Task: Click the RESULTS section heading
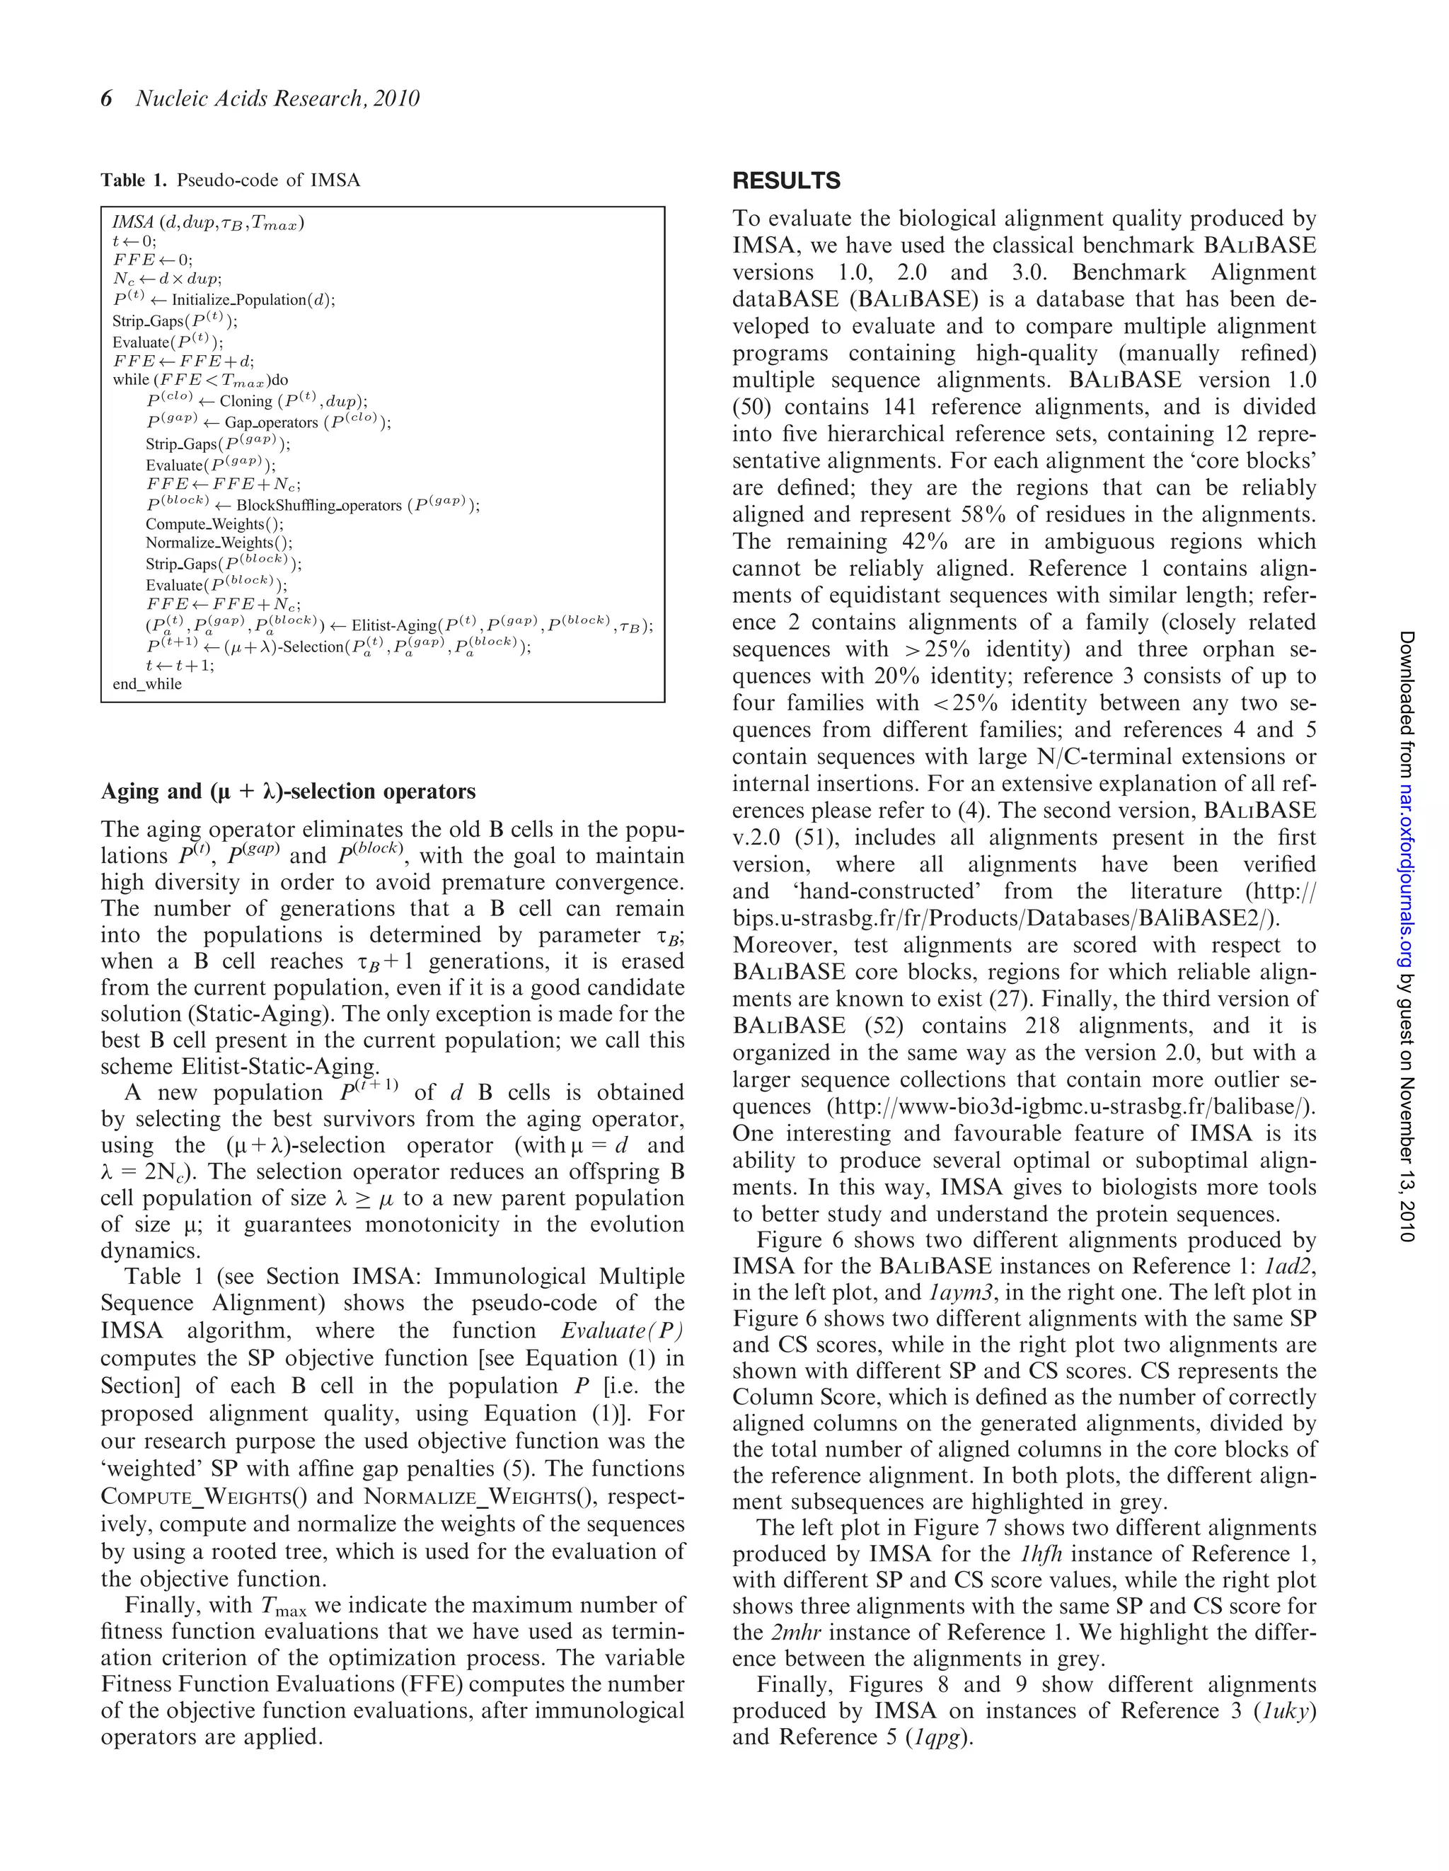(x=786, y=181)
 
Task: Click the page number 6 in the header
(x=106, y=99)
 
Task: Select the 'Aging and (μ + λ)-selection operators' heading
(x=288, y=792)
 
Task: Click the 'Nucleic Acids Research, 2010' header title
(x=277, y=99)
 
